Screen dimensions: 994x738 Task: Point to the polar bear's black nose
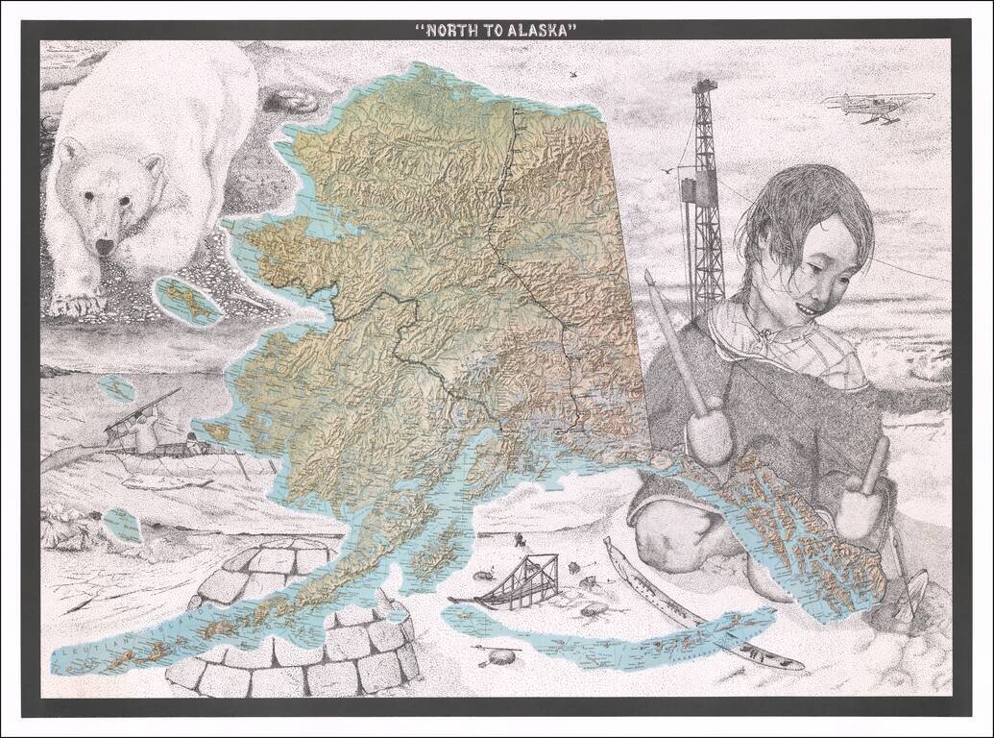104,247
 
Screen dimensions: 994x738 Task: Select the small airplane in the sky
877,104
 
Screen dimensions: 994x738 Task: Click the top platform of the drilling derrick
704,86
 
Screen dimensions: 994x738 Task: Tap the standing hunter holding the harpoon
144,428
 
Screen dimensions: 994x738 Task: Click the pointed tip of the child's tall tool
649,276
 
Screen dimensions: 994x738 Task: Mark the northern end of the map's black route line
514,111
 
